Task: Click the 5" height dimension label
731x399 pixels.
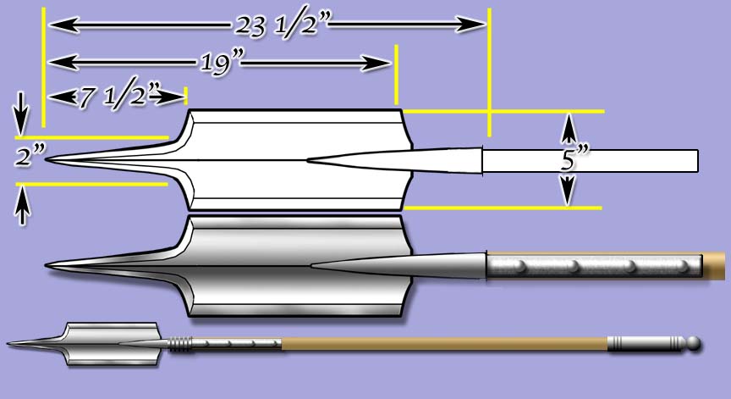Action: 575,159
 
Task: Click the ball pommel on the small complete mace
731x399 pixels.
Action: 693,344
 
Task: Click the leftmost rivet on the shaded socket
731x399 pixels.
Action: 521,267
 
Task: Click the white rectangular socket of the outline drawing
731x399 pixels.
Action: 590,159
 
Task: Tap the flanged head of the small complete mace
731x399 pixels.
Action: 111,343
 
